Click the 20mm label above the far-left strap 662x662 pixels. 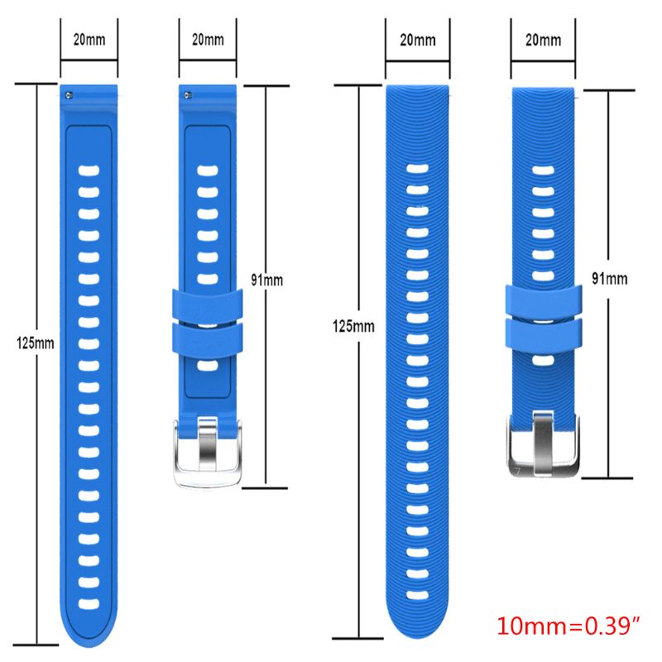[x=89, y=40]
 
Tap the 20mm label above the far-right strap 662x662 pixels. [x=542, y=40]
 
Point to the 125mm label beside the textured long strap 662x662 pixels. [x=354, y=326]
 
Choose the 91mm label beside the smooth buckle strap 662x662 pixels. [x=268, y=280]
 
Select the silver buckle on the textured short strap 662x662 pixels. [x=543, y=444]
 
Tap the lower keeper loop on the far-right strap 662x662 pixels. [x=543, y=333]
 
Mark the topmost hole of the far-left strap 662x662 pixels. [x=89, y=173]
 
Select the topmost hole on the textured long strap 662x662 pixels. [x=419, y=169]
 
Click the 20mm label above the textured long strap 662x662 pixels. [x=418, y=40]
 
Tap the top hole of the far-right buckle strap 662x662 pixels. [x=543, y=170]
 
